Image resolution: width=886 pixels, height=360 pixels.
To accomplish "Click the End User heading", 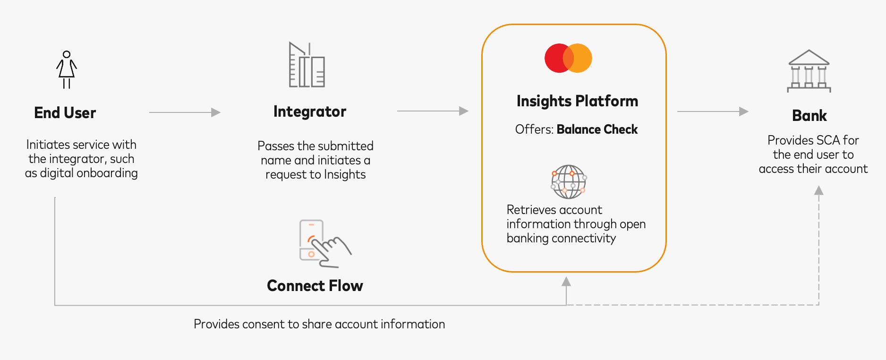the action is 65,113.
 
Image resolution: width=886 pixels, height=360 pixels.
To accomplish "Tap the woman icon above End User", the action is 67,69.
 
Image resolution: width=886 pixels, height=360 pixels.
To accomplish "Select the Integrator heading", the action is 310,111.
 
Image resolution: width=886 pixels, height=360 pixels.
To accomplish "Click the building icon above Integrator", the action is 307,65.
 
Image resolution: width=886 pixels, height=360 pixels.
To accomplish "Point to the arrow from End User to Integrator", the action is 185,112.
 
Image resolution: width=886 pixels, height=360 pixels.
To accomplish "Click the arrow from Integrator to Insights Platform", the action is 433,111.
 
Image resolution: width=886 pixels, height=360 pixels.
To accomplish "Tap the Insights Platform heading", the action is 577,101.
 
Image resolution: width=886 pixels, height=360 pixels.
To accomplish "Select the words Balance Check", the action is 597,129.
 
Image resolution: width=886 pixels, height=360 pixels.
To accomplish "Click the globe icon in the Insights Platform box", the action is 569,182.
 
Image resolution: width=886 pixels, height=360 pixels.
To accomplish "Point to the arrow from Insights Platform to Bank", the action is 713,111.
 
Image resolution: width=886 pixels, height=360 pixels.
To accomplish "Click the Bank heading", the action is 809,116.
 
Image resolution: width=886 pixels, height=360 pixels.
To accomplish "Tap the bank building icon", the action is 809,71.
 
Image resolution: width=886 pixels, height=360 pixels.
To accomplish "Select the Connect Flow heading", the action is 315,286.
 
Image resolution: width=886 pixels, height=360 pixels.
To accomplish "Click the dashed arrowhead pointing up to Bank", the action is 819,190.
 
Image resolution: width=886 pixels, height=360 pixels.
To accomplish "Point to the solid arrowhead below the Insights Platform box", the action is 566,282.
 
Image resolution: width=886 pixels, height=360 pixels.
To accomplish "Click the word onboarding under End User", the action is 107,173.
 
